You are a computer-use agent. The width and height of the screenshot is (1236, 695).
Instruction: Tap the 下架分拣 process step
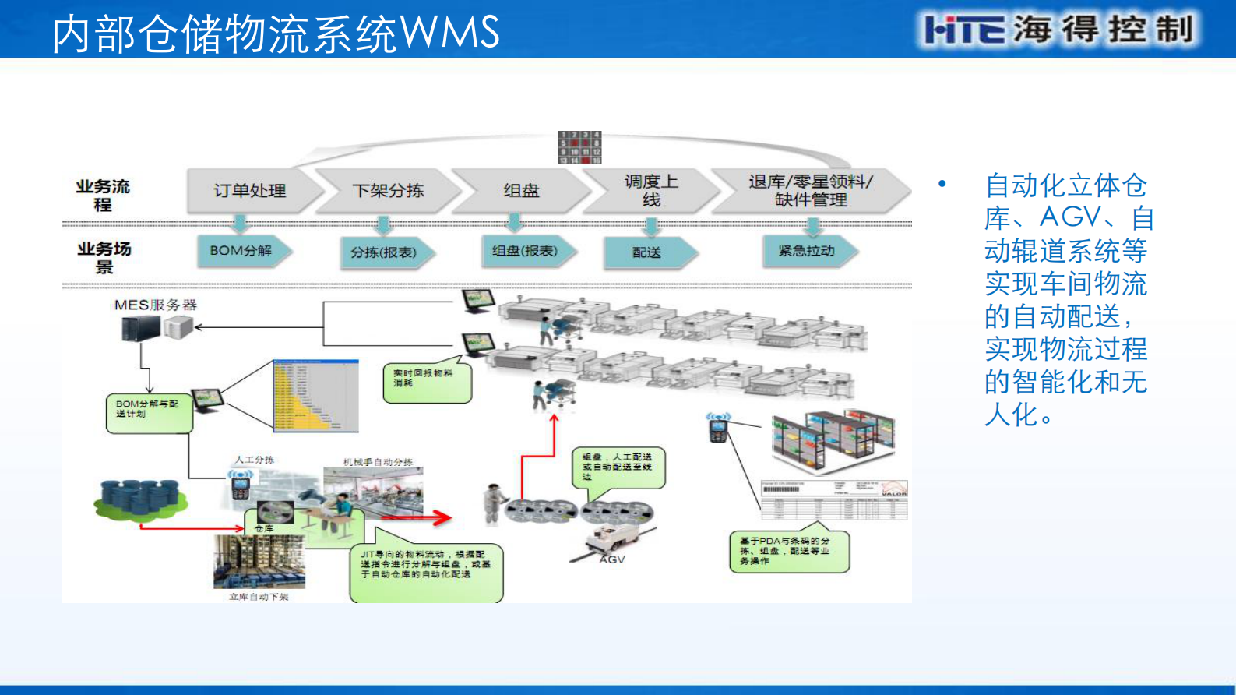tap(388, 191)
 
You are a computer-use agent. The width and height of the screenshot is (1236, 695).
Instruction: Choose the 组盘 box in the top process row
tap(520, 191)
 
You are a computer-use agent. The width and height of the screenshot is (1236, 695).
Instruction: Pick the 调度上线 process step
tap(651, 191)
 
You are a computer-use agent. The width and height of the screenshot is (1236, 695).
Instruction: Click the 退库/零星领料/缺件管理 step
tap(810, 191)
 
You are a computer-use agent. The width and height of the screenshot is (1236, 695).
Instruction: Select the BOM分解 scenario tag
tap(241, 251)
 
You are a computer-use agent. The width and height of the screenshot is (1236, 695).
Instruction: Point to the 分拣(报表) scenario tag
tap(384, 252)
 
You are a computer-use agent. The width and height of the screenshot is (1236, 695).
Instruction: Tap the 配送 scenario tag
tap(647, 252)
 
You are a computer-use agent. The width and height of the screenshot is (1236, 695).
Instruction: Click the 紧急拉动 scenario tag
tap(807, 251)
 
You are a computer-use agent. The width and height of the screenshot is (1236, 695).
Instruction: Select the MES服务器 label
tap(156, 305)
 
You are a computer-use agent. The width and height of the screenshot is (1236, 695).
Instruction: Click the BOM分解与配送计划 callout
tap(148, 411)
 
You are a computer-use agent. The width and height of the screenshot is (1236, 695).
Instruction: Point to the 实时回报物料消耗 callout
tap(425, 380)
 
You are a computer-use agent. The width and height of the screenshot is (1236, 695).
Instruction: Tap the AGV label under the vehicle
tap(612, 559)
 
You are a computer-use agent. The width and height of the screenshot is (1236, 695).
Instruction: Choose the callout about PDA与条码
tap(787, 551)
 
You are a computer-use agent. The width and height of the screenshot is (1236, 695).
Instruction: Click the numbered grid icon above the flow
tap(580, 147)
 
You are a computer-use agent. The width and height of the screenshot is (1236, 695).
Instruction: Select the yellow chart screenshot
tap(315, 396)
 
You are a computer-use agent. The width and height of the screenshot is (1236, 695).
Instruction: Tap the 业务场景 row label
tap(104, 257)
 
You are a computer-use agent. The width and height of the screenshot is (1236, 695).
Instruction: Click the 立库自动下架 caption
tap(259, 597)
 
